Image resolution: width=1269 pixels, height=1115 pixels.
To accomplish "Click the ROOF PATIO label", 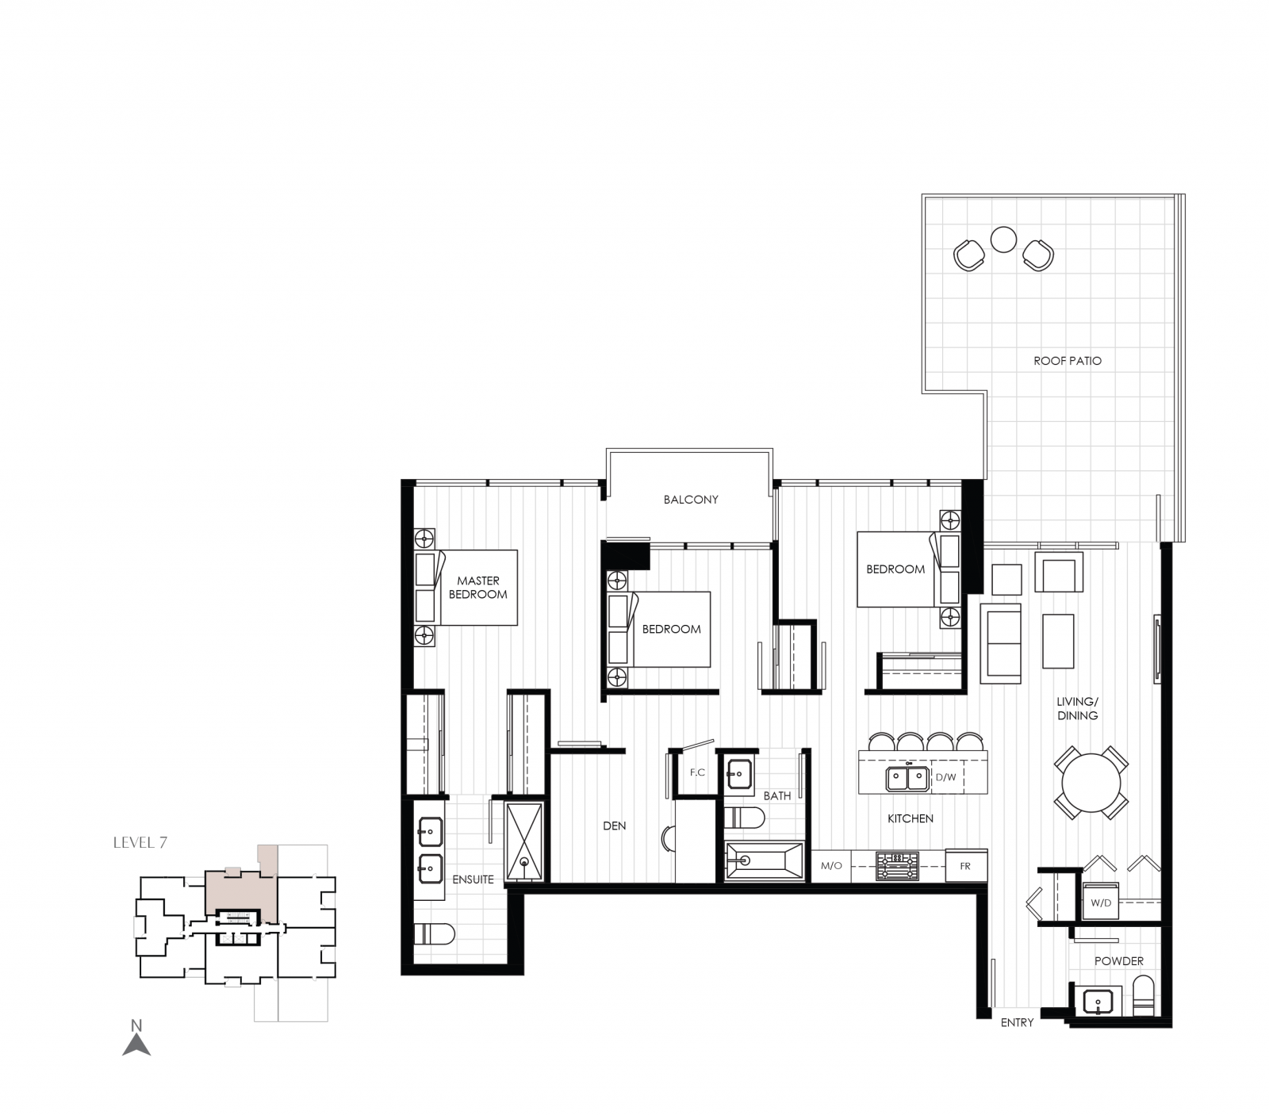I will click(1067, 361).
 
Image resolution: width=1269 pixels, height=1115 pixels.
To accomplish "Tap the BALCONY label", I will click(691, 500).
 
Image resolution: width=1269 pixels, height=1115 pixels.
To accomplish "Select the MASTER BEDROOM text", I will click(477, 588).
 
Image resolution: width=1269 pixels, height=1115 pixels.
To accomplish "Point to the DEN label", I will click(614, 826).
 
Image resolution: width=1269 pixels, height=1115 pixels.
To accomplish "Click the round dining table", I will click(1091, 782).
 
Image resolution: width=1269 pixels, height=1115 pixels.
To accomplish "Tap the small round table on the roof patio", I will click(1003, 239).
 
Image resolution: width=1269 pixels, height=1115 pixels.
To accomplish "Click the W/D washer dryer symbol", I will click(1101, 902).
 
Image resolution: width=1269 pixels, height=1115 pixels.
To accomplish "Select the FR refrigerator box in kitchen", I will click(965, 866).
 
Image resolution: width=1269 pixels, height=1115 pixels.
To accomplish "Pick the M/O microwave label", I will click(831, 866).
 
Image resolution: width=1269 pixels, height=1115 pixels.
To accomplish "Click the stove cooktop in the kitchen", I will click(896, 866).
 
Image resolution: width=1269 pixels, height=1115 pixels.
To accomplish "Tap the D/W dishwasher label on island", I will click(945, 777).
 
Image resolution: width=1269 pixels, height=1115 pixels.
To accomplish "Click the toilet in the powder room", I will click(1144, 996).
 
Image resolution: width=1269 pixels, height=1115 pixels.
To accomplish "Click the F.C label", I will click(697, 772).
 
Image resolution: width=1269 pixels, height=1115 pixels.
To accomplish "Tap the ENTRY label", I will click(1017, 1023).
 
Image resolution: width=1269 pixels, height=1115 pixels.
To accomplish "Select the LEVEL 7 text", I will click(140, 843).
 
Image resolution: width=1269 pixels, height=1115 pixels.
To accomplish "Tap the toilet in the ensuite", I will click(435, 935).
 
